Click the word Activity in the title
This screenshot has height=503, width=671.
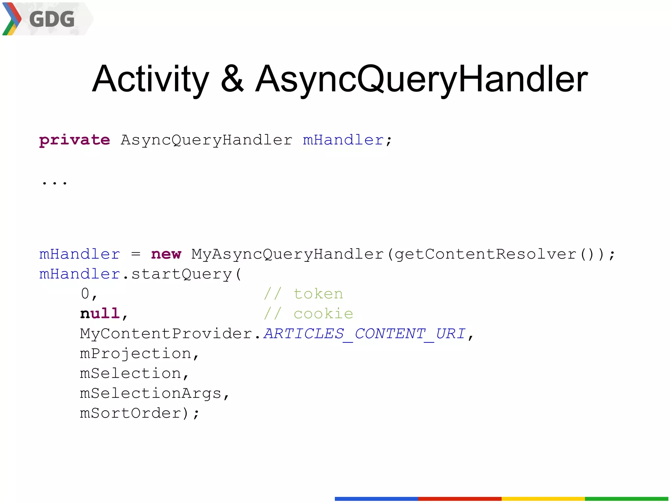coord(150,79)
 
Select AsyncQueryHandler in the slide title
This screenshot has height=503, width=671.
coord(421,79)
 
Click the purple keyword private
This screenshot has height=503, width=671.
coord(74,140)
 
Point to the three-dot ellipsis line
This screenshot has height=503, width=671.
coord(54,183)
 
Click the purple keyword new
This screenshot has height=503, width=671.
coord(166,254)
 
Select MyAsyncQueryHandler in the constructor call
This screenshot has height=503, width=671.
coord(287,255)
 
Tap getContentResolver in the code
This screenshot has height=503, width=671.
coord(485,255)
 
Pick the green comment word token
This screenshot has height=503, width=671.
coord(318,294)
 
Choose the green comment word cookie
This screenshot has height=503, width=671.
coord(323,314)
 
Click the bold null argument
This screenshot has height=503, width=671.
coord(100,314)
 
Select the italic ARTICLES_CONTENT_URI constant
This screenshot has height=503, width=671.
coord(364,334)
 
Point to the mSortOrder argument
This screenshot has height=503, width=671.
coord(130,413)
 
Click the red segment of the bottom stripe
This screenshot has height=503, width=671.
coord(460,499)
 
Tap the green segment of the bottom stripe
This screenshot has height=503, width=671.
coord(626,499)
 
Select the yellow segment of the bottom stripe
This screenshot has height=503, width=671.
coord(543,499)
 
